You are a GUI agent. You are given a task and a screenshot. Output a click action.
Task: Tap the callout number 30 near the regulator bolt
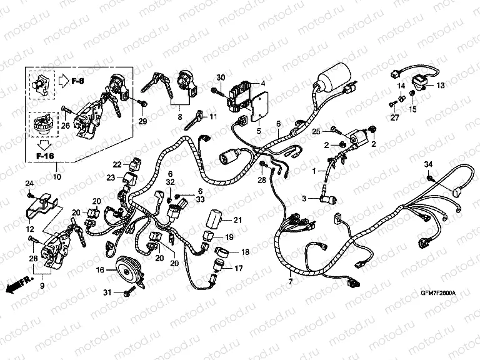219,77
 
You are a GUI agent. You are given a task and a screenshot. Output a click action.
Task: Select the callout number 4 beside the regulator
263,82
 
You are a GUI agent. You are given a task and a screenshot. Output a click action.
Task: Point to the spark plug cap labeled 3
327,199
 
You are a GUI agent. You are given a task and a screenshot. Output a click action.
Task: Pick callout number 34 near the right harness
429,164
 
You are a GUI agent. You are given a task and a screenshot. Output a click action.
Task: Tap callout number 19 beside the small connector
229,237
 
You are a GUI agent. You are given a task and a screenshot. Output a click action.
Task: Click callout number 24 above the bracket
28,183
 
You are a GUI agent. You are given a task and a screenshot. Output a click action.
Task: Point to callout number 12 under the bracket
29,231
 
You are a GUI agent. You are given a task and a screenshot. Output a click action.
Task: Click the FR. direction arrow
17,285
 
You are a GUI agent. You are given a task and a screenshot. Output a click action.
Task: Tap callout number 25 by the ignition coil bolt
316,131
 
